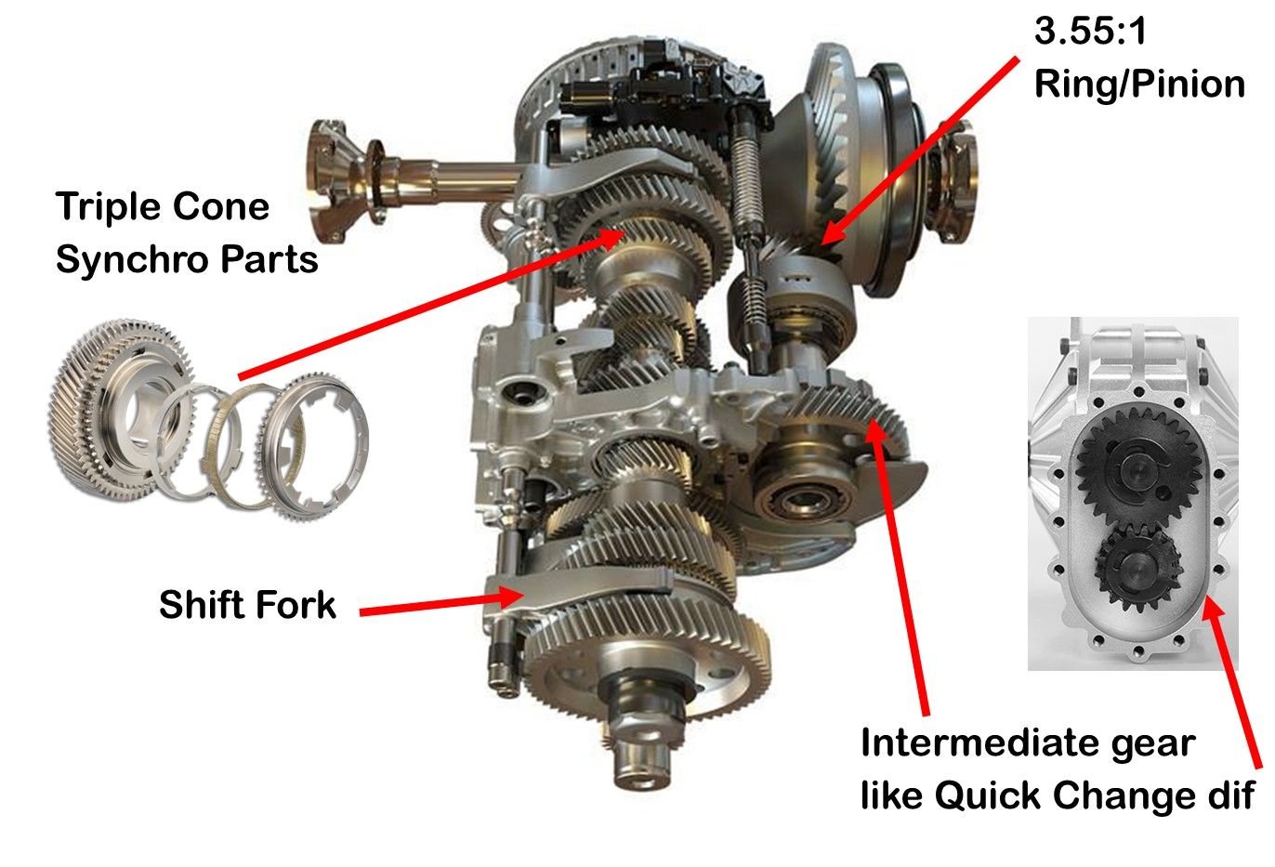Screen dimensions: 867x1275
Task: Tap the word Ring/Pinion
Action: [1138, 84]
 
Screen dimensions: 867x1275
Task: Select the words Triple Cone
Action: [163, 206]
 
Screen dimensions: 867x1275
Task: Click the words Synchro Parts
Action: [187, 258]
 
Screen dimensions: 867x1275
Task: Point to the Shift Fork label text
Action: [247, 605]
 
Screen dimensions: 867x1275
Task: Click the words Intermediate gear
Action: [1027, 743]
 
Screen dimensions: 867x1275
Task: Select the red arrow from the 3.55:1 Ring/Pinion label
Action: [920, 149]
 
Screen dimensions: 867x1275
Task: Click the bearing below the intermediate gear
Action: [799, 503]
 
